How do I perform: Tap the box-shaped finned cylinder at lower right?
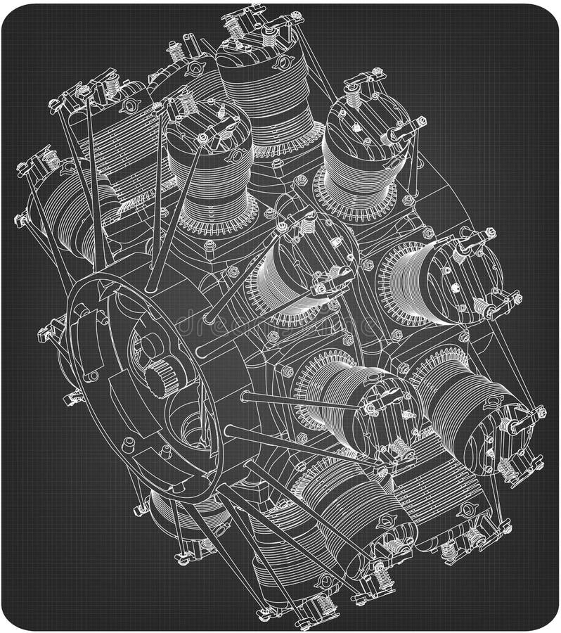click(450, 492)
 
